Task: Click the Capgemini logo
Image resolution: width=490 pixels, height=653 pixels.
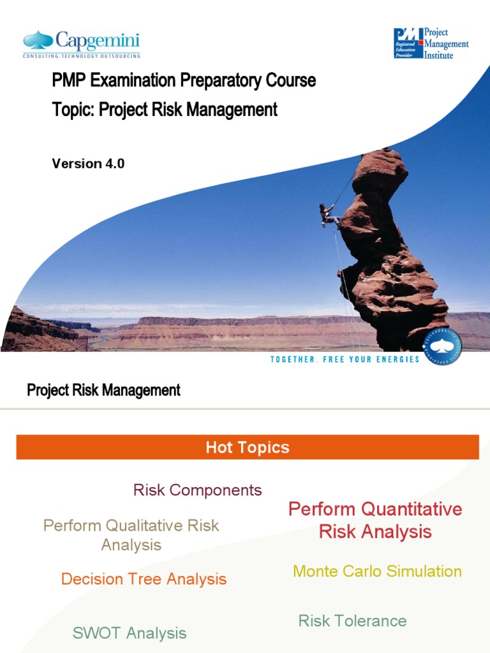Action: [x=81, y=43]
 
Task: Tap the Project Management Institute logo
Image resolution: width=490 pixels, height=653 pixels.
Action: [x=431, y=43]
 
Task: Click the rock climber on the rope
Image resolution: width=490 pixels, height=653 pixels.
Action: [x=329, y=214]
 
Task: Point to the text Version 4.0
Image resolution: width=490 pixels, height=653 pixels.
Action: [x=88, y=163]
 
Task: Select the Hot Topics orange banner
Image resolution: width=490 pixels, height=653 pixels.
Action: [x=248, y=447]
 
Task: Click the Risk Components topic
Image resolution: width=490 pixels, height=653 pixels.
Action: [x=197, y=490]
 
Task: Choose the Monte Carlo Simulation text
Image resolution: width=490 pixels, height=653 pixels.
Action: [x=377, y=571]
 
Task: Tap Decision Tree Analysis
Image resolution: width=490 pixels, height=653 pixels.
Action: [x=144, y=579]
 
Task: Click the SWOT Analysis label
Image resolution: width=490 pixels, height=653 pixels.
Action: [x=130, y=633]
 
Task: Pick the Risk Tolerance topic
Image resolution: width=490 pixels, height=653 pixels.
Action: [x=352, y=620]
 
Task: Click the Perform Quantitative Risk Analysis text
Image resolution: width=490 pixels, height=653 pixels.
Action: [x=375, y=520]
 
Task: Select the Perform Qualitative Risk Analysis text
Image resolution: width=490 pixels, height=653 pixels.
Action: [x=131, y=535]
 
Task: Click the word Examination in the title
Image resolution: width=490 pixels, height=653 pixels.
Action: [x=133, y=81]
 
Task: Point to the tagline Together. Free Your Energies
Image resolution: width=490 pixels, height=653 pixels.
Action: [x=345, y=359]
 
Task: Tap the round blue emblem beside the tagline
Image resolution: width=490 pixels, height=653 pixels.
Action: [x=442, y=348]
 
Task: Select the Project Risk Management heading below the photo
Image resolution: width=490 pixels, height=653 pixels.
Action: [x=103, y=390]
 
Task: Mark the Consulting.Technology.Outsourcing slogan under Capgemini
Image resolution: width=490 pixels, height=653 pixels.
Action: [x=81, y=56]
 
